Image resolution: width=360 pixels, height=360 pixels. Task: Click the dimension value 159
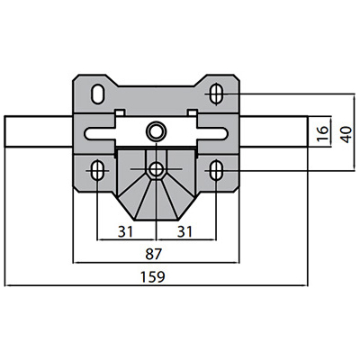tap(153, 277)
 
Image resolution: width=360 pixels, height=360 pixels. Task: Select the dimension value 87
tap(154, 255)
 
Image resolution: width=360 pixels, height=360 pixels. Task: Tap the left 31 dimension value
tap(125, 232)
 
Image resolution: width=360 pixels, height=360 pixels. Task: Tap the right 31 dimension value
tap(184, 232)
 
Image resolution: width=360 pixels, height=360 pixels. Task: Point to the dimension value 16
tap(323, 133)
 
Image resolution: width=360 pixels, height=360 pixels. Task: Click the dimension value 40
tap(346, 135)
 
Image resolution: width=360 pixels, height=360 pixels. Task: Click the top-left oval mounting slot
tap(97, 94)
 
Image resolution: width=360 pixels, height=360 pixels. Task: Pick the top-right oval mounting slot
tap(216, 94)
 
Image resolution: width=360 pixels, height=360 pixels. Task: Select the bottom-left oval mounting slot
tap(97, 170)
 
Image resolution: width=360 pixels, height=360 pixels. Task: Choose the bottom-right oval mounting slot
tap(216, 170)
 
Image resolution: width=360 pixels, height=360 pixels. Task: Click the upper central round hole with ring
tap(156, 131)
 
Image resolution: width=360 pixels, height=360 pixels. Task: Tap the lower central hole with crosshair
tap(156, 169)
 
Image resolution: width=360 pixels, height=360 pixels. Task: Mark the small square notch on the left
tap(120, 112)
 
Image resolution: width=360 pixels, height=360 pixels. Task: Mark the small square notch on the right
tap(192, 112)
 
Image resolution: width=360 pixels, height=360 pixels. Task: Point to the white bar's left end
tap(4, 131)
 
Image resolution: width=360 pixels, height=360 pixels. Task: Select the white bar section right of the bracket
tap(274, 131)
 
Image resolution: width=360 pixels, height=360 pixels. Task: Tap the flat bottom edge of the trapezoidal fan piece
tap(156, 220)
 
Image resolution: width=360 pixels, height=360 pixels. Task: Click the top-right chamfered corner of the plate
tap(237, 77)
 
